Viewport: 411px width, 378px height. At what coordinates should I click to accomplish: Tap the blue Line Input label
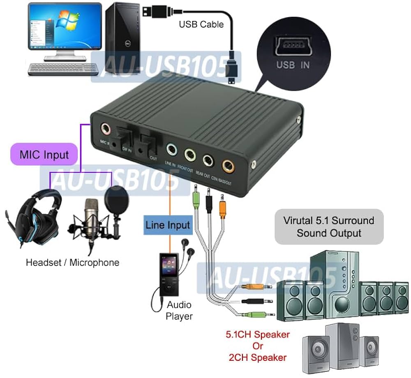click(167, 225)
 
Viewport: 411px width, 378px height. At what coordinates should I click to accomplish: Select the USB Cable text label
click(201, 24)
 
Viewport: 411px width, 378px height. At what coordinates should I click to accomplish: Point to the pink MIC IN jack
click(106, 128)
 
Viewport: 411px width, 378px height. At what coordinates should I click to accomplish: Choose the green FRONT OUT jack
click(190, 154)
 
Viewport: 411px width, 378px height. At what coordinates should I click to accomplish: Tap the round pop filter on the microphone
click(117, 198)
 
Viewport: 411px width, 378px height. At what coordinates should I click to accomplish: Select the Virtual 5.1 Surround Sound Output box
click(329, 227)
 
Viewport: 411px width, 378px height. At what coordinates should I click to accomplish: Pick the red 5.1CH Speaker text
click(258, 334)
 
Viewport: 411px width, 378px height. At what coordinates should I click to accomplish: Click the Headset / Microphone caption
click(72, 262)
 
